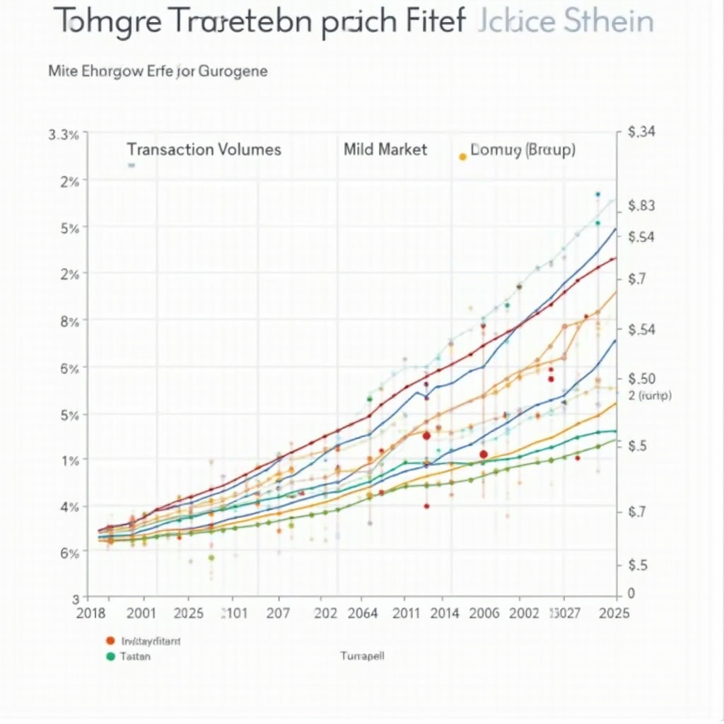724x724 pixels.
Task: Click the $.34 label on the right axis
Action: [643, 132]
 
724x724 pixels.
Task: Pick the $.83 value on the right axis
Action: [642, 206]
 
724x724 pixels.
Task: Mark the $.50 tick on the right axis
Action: [643, 379]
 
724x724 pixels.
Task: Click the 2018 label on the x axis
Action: [90, 613]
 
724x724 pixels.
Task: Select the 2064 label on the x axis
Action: [365, 613]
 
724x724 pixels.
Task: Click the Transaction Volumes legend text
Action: [204, 150]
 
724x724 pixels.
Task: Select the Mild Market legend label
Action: [385, 150]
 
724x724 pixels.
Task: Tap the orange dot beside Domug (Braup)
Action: [462, 156]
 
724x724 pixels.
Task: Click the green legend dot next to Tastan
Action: [110, 656]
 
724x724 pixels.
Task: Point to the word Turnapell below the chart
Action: [362, 656]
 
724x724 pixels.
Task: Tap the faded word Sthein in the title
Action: [609, 22]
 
